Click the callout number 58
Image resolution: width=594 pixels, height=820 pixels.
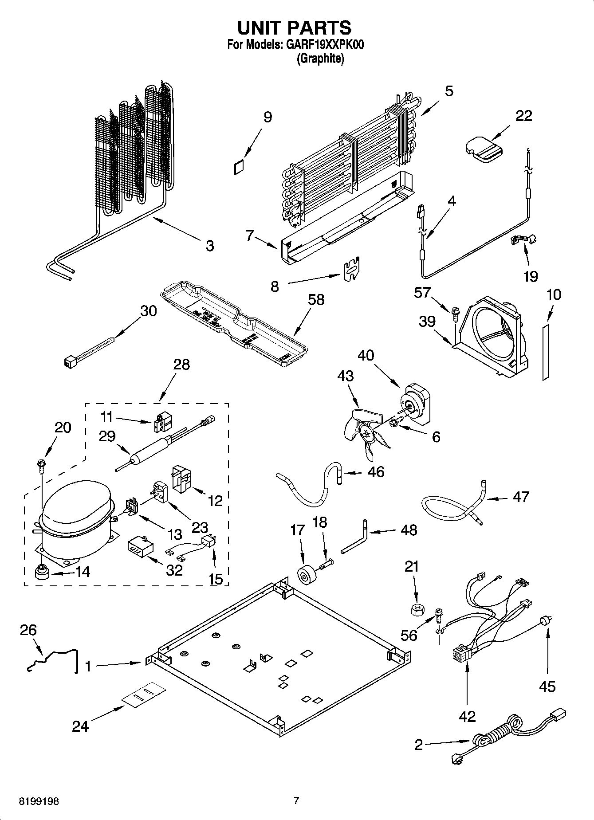pyautogui.click(x=316, y=300)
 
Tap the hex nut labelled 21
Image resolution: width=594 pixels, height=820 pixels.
pyautogui.click(x=416, y=609)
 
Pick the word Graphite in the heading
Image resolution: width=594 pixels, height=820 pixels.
pyautogui.click(x=320, y=59)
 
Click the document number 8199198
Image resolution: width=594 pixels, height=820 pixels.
pyautogui.click(x=39, y=801)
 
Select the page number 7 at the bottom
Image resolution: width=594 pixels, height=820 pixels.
pyautogui.click(x=296, y=800)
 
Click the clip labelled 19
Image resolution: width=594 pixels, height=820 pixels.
pyautogui.click(x=523, y=239)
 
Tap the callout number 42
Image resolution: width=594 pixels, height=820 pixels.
pyautogui.click(x=467, y=716)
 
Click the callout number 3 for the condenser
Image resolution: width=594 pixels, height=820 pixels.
pyautogui.click(x=209, y=245)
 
